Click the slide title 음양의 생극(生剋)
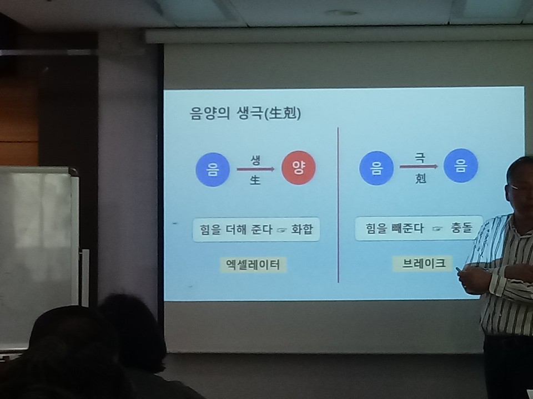pyautogui.click(x=245, y=113)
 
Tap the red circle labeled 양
pyautogui.click(x=299, y=167)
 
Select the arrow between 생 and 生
pyautogui.click(x=255, y=169)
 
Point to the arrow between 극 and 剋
pyautogui.click(x=419, y=166)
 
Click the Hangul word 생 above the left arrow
pyautogui.click(x=255, y=160)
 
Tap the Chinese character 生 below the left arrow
pyautogui.click(x=255, y=180)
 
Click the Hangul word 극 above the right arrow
pyautogui.click(x=420, y=157)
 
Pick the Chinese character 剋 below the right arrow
pyautogui.click(x=420, y=178)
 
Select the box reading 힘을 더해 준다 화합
pyautogui.click(x=256, y=229)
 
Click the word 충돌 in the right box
pyautogui.click(x=461, y=228)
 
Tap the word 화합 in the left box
pyautogui.click(x=302, y=229)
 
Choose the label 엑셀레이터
pyautogui.click(x=253, y=265)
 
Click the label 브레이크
pyautogui.click(x=423, y=264)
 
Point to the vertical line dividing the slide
pyautogui.click(x=338, y=204)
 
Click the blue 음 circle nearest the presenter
pyautogui.click(x=461, y=166)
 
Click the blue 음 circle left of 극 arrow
pyautogui.click(x=376, y=168)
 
